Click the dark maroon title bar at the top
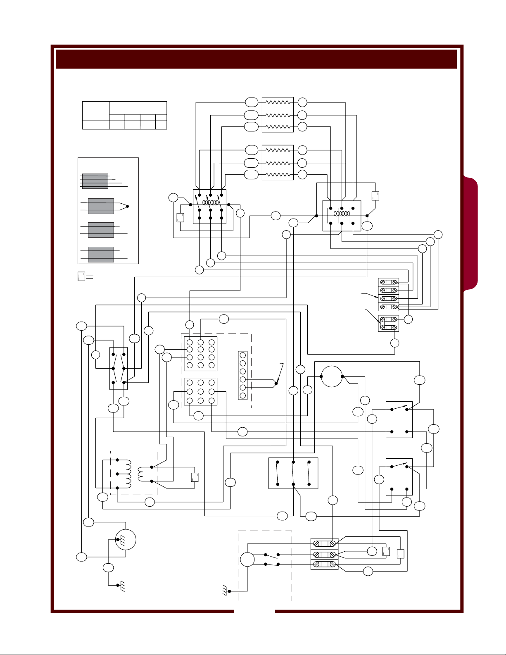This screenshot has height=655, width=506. [256, 59]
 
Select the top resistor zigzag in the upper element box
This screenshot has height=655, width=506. [278, 102]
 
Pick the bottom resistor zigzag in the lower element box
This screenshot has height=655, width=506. [278, 174]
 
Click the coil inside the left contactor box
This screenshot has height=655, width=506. [210, 203]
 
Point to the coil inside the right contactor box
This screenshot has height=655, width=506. [342, 214]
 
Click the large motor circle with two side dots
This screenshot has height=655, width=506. [332, 376]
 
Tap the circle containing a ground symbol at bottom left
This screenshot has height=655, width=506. [125, 539]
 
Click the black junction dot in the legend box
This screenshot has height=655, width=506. [128, 206]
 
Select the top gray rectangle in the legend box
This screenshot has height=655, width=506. [95, 181]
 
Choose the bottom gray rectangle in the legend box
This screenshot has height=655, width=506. [101, 255]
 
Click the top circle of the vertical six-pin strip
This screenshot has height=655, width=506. [243, 355]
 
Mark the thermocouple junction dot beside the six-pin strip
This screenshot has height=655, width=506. [276, 383]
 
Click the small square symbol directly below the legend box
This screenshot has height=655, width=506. [81, 276]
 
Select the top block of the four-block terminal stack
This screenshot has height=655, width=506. [389, 282]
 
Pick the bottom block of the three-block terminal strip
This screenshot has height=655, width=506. [324, 564]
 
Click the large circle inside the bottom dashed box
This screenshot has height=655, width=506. [247, 560]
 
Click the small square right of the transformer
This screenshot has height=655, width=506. [195, 477]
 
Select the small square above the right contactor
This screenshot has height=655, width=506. [375, 196]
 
